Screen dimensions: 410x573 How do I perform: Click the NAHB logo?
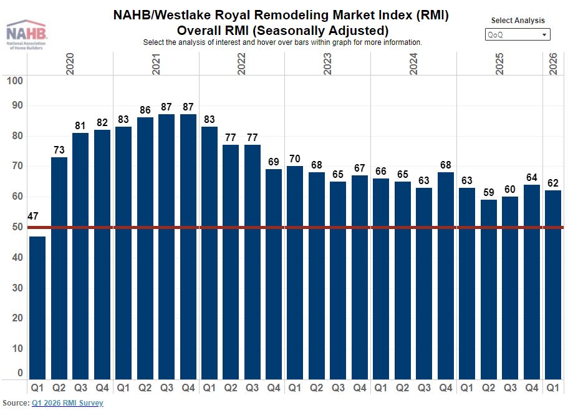(x=24, y=34)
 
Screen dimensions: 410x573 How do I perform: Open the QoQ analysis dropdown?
(x=518, y=35)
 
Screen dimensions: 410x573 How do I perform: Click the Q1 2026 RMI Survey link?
(x=67, y=403)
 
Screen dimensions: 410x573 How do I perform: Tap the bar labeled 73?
(x=59, y=268)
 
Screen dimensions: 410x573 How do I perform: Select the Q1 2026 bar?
(x=553, y=285)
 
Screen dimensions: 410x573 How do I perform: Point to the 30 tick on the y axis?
(x=17, y=288)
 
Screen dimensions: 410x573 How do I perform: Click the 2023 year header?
(x=328, y=64)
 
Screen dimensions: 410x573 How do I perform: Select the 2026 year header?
(x=554, y=64)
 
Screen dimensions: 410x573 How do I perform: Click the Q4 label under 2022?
(x=274, y=388)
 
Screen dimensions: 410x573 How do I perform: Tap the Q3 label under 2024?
(x=424, y=388)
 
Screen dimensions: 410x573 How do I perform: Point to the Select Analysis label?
(x=518, y=21)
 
